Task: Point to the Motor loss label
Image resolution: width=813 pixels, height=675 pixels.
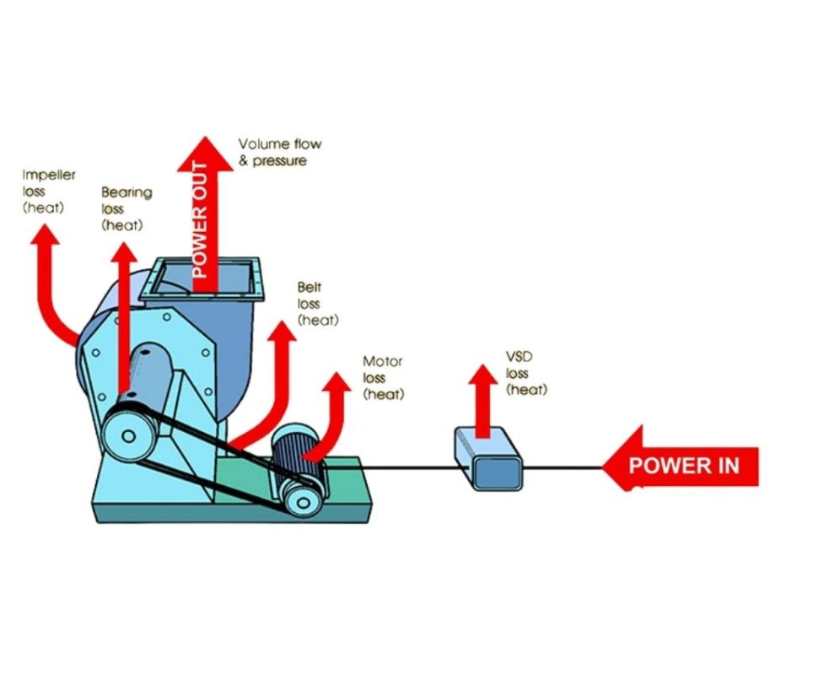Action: pos(383,377)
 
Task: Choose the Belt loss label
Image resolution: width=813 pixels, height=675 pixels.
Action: pos(317,304)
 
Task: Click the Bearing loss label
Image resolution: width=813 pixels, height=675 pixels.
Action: pos(127,208)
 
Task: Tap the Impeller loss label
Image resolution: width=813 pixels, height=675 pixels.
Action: pos(48,191)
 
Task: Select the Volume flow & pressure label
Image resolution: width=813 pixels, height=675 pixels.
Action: pos(279,152)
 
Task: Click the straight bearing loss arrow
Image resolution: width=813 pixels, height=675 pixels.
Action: pos(124,321)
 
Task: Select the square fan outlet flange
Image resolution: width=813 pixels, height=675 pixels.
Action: pos(202,279)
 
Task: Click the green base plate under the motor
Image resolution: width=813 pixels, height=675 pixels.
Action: pos(337,498)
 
